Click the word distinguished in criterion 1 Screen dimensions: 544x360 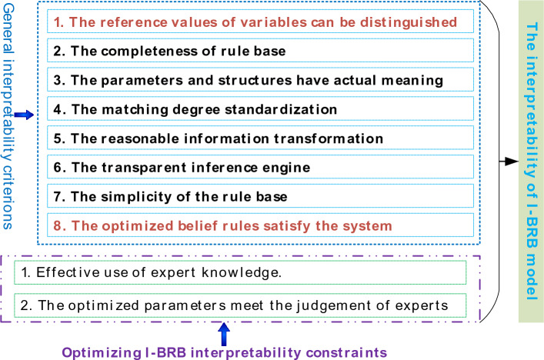coord(408,22)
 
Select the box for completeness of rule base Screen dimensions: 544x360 coord(260,51)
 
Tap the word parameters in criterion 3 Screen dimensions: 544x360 coord(142,81)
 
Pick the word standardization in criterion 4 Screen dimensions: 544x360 coord(281,109)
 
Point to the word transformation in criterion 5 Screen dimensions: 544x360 coord(329,138)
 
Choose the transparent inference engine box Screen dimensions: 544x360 coord(260,167)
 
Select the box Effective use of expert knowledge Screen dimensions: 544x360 coord(240,272)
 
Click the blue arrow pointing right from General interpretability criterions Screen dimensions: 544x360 coord(24,115)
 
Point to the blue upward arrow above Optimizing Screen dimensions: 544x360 coord(224,335)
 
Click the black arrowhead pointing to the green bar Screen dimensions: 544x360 coord(512,162)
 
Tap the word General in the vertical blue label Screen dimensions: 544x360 coord(8,28)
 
